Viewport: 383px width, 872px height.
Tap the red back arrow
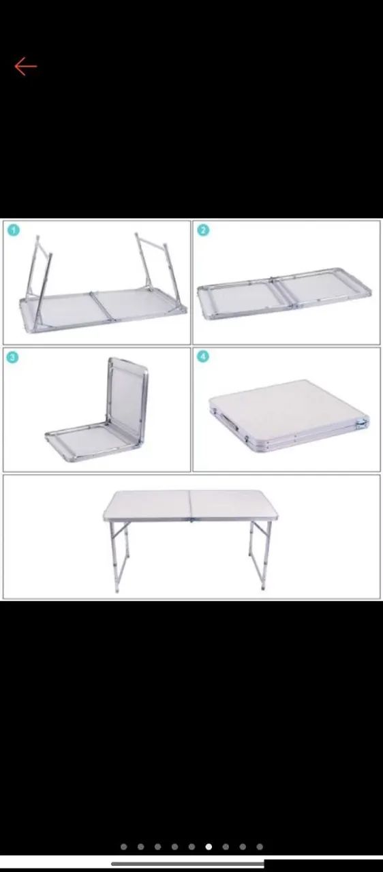26,66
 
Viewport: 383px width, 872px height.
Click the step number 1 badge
13,230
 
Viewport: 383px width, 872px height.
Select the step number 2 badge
203,230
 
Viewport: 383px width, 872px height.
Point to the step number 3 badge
12,358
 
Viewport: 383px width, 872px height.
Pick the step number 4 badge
203,356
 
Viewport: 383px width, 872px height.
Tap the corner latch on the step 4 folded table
363,422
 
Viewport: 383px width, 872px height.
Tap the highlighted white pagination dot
209,847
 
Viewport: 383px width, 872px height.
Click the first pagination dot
124,847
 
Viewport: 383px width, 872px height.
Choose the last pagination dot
260,847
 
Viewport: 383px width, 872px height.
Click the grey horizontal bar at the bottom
188,863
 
